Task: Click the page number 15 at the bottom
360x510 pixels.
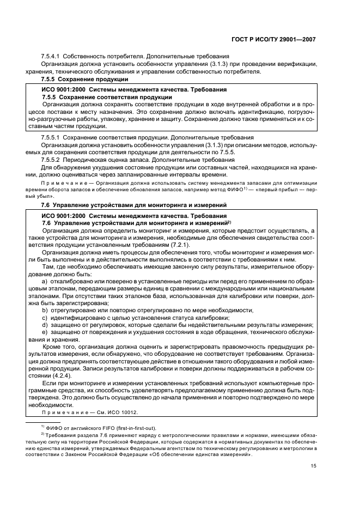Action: click(x=313, y=465)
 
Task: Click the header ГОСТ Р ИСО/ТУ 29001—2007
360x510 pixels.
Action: click(x=277, y=40)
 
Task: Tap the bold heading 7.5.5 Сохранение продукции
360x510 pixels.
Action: click(x=81, y=80)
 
